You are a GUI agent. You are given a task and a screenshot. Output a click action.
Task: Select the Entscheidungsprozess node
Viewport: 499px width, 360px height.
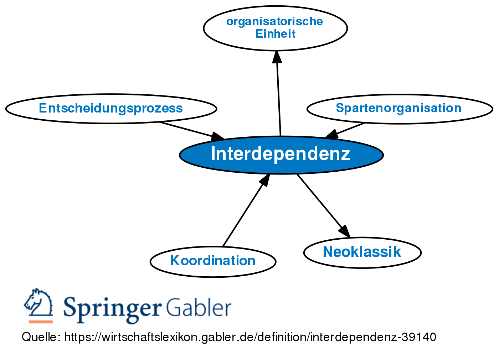(111, 108)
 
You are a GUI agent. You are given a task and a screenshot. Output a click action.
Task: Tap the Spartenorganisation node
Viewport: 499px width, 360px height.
(399, 108)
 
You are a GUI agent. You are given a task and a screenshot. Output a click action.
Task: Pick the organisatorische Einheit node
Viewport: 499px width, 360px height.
(275, 28)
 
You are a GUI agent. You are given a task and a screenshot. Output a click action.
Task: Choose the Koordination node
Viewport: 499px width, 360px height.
(213, 261)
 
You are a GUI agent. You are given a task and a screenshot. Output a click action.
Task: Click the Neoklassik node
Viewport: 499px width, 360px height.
(362, 252)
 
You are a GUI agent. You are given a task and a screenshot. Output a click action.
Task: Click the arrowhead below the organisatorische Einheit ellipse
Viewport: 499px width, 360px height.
(277, 57)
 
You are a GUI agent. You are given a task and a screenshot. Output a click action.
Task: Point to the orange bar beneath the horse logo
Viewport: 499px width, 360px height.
(41, 322)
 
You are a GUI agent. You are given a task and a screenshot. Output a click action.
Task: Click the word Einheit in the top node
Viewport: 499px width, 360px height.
(276, 34)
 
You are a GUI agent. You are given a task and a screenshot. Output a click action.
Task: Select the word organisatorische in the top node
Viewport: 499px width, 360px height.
(274, 21)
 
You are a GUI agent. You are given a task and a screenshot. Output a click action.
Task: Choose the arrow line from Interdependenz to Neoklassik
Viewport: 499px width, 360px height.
(319, 201)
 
